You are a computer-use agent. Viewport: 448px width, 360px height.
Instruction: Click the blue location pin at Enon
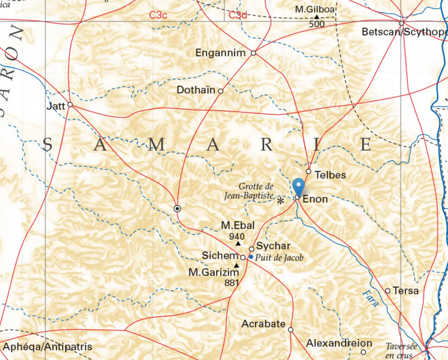(298, 185)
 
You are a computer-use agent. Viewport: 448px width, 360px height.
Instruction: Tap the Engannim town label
(221, 53)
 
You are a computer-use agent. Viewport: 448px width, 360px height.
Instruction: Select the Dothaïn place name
(196, 91)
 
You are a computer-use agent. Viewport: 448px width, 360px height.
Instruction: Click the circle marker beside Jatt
(70, 105)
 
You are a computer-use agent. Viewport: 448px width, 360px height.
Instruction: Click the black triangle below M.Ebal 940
(238, 244)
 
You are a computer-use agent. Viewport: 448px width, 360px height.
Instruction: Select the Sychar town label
(273, 246)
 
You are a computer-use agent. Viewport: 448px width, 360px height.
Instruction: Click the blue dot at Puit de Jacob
(251, 257)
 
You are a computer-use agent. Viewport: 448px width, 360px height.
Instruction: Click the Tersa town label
(406, 291)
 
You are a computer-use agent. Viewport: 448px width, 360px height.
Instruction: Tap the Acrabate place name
(263, 324)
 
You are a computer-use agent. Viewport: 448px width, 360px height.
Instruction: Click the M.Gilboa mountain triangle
(316, 17)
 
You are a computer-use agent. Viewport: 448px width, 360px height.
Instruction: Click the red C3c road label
(159, 14)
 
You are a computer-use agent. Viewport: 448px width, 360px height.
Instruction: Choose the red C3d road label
(238, 14)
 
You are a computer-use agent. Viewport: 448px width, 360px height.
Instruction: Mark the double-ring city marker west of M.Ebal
(177, 208)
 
